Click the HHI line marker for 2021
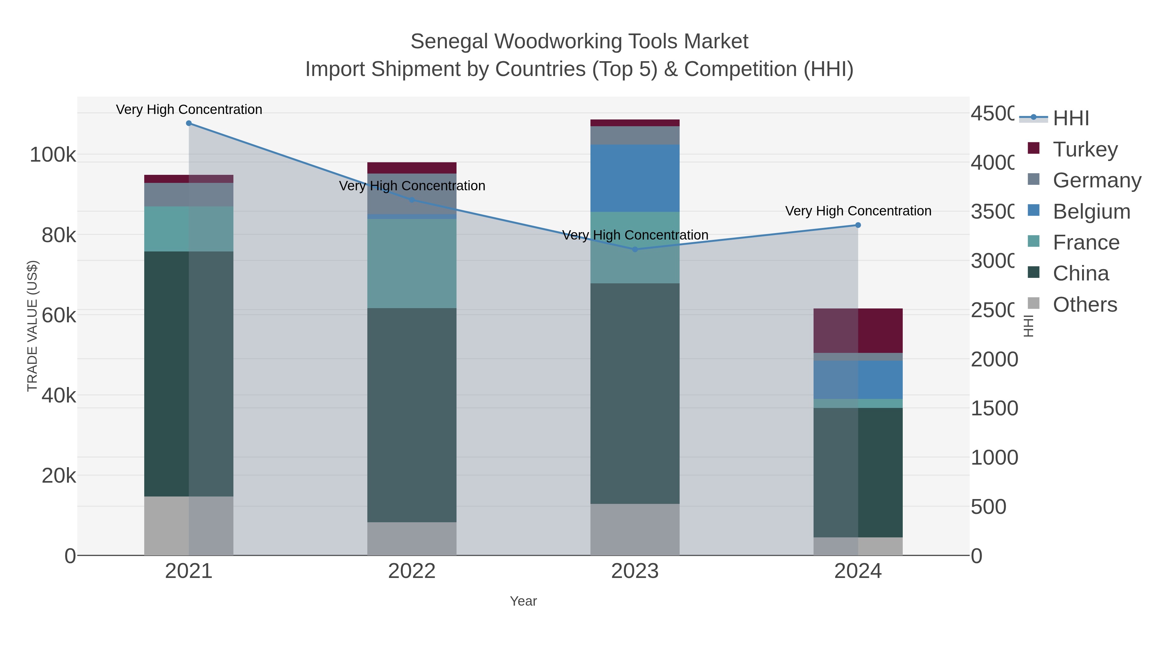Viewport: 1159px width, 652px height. pos(189,123)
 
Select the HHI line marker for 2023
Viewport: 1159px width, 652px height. pos(635,249)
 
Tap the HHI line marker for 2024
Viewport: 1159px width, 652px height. pos(858,225)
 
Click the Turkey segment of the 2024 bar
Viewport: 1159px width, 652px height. pos(858,330)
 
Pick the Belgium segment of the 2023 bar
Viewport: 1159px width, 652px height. pos(635,178)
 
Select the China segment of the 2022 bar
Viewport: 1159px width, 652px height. pos(412,415)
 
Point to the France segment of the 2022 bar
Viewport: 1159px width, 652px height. pos(412,263)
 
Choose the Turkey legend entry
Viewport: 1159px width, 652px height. pos(1085,149)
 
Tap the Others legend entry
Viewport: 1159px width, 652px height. pos(1084,304)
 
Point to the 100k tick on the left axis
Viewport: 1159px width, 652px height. pos(53,155)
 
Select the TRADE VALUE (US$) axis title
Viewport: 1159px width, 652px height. pos(33,326)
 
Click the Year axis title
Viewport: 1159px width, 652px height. pos(523,601)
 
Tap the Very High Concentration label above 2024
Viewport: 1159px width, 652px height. pos(858,211)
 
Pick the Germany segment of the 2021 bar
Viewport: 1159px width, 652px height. pos(189,194)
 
